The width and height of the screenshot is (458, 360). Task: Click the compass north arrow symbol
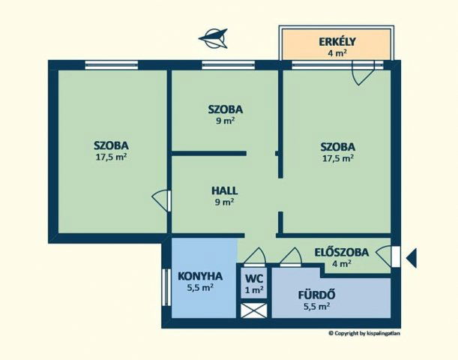click(213, 38)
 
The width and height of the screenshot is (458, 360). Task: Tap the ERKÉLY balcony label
click(337, 42)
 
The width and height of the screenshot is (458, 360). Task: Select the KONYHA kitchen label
click(200, 276)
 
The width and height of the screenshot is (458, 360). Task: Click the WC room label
click(254, 278)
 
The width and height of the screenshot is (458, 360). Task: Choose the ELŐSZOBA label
click(342, 252)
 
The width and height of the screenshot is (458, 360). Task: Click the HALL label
click(224, 190)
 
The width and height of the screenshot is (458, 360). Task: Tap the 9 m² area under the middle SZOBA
click(225, 121)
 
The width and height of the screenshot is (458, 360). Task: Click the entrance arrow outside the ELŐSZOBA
click(412, 258)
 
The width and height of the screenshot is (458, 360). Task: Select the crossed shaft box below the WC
click(254, 310)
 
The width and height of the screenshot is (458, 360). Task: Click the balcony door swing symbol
click(364, 73)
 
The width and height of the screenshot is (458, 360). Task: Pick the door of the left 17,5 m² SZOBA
click(161, 200)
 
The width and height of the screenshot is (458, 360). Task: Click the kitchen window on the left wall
click(166, 287)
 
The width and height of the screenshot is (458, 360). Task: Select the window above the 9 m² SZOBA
click(228, 65)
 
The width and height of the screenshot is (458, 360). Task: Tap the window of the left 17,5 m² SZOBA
click(111, 65)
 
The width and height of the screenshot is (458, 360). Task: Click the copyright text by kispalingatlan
click(364, 333)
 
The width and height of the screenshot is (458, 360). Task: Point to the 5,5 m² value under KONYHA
click(200, 287)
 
